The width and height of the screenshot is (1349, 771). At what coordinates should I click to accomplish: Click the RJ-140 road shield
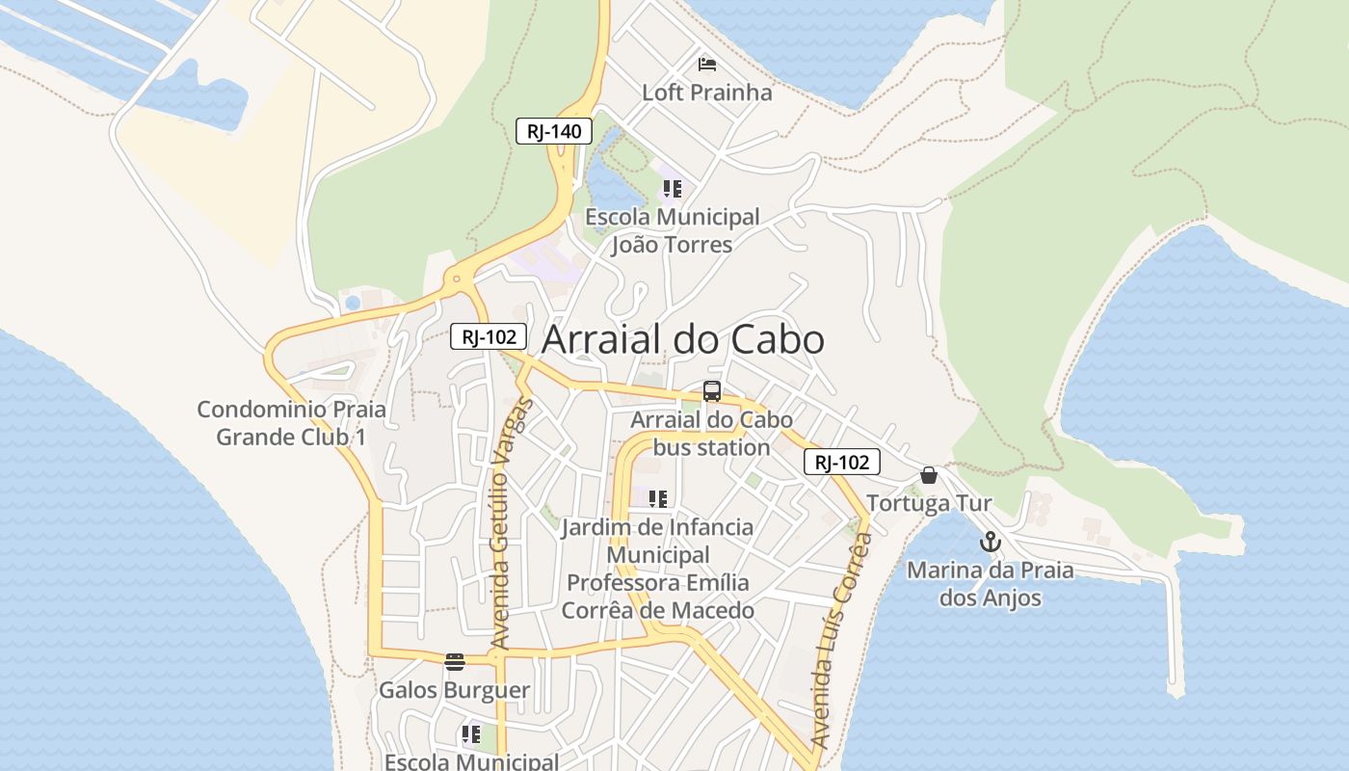pos(553,131)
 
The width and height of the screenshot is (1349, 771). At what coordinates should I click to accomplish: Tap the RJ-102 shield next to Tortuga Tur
pos(841,463)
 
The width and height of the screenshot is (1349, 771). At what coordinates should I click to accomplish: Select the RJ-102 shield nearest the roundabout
pos(489,336)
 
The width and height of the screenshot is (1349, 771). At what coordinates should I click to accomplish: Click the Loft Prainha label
pos(707,93)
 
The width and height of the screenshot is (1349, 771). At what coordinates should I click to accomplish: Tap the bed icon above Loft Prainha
pos(707,65)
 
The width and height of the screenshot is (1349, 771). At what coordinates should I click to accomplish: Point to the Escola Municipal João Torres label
pos(673,230)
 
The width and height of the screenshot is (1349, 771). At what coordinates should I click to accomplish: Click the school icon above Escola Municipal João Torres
pos(672,189)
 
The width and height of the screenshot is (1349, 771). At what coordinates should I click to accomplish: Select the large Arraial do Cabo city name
pos(683,340)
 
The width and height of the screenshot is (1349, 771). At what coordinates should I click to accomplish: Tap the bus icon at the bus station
pos(712,391)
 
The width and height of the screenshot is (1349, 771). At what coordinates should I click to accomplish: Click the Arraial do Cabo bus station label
pos(711,434)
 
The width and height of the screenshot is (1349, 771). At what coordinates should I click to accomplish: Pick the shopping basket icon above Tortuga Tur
pos(929,475)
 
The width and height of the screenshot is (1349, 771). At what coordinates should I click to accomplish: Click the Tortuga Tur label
pos(929,503)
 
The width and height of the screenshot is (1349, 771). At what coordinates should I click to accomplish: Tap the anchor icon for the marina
pos(991,543)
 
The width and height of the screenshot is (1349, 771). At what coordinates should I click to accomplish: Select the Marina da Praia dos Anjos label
pos(991,583)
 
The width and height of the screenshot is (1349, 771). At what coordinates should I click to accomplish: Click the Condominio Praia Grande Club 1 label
pos(291,423)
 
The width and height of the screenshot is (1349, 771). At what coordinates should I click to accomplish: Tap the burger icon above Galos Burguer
pos(455,661)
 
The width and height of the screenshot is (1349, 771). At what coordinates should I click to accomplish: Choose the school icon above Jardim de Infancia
pos(658,499)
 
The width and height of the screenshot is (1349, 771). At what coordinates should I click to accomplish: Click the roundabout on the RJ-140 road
pos(457,281)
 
